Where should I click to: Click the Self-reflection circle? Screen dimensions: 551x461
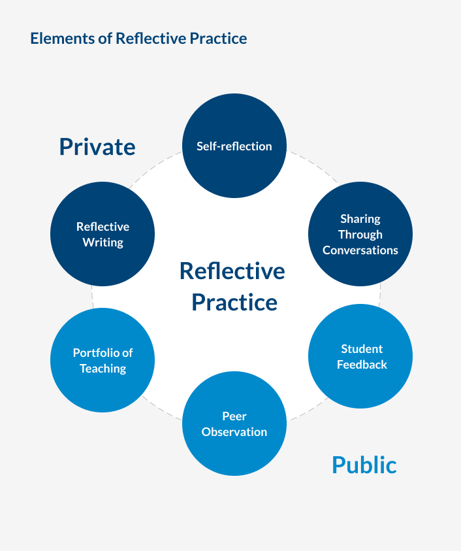click(234, 146)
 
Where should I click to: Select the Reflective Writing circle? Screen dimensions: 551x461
click(103, 234)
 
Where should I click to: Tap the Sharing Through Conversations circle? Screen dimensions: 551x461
click(360, 234)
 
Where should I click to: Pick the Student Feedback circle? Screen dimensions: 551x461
click(360, 356)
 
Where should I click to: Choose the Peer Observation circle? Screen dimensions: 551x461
click(234, 424)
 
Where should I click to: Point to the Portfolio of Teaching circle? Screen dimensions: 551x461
click(103, 360)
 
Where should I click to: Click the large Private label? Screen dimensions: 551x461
click(97, 146)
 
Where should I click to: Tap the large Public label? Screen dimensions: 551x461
click(364, 465)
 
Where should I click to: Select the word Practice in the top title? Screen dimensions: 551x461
click(218, 39)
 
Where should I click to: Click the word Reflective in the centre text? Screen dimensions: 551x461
click(232, 271)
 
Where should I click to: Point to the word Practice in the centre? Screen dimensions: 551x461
click(234, 303)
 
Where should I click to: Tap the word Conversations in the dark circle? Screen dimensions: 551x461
click(360, 250)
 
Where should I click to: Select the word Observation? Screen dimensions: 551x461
click(234, 432)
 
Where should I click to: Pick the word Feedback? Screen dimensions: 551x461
click(362, 365)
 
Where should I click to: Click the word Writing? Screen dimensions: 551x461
click(103, 242)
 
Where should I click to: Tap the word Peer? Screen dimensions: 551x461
click(234, 416)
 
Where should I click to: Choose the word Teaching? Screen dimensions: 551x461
click(103, 369)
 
